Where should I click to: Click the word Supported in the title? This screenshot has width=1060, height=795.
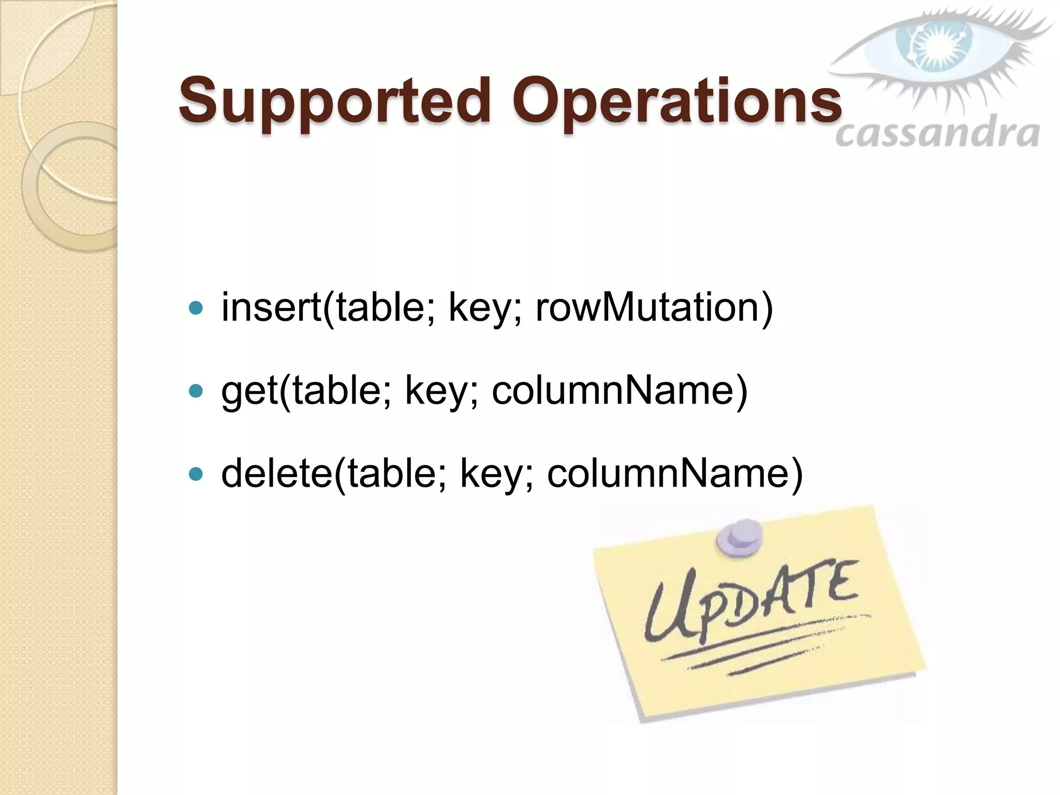pyautogui.click(x=334, y=101)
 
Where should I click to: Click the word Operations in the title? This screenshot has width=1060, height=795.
pyautogui.click(x=677, y=101)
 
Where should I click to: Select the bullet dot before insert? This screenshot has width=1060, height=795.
pyautogui.click(x=196, y=308)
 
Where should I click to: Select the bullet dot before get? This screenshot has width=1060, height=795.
pyautogui.click(x=196, y=391)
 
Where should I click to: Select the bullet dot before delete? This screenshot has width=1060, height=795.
pyautogui.click(x=196, y=474)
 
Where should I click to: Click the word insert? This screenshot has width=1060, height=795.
pyautogui.click(x=271, y=307)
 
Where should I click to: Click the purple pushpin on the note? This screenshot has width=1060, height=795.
pyautogui.click(x=739, y=538)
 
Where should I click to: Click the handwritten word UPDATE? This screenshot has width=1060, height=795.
pyautogui.click(x=750, y=600)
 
